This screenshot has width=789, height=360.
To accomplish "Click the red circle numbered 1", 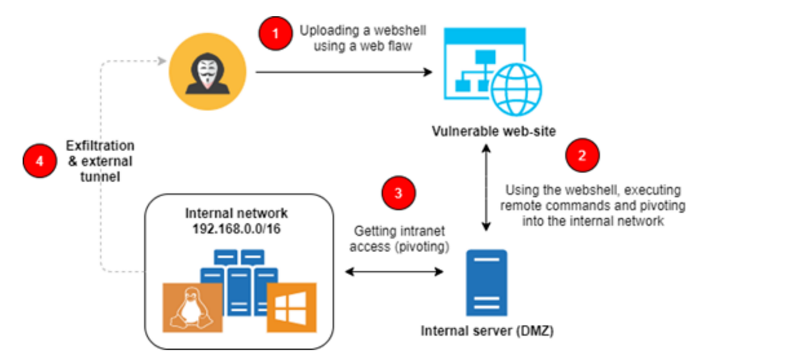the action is (x=275, y=34).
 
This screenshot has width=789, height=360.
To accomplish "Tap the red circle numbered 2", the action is (x=582, y=155).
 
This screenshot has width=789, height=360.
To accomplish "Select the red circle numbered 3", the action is (x=399, y=193).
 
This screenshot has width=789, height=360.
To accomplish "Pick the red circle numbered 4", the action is (x=40, y=161).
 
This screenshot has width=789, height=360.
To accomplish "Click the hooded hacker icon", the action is (x=207, y=72).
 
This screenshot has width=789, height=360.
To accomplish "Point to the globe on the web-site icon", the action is (x=517, y=90).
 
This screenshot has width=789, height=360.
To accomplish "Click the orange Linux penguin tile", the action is (x=192, y=308).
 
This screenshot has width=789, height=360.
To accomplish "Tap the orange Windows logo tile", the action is (x=292, y=308).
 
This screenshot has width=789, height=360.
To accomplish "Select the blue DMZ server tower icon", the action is (x=487, y=283).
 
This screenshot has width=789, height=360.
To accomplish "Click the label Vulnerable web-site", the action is (x=494, y=131).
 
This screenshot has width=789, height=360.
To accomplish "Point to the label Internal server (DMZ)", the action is (x=487, y=331).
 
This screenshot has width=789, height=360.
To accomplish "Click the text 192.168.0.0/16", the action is (x=236, y=229).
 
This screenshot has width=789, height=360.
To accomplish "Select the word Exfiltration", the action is (x=100, y=145).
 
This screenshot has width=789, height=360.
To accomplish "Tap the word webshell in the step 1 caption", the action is (x=400, y=31).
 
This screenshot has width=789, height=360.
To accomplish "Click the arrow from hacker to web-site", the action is (x=344, y=72).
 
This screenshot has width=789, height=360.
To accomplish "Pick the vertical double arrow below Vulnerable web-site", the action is (x=486, y=188).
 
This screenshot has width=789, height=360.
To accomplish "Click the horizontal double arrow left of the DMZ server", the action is (x=394, y=272).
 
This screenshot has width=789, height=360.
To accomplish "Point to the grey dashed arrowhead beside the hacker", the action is (x=162, y=61).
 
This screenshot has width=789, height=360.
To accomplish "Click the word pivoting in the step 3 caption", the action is (x=422, y=247).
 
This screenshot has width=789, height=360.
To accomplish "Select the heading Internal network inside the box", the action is (x=236, y=213).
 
